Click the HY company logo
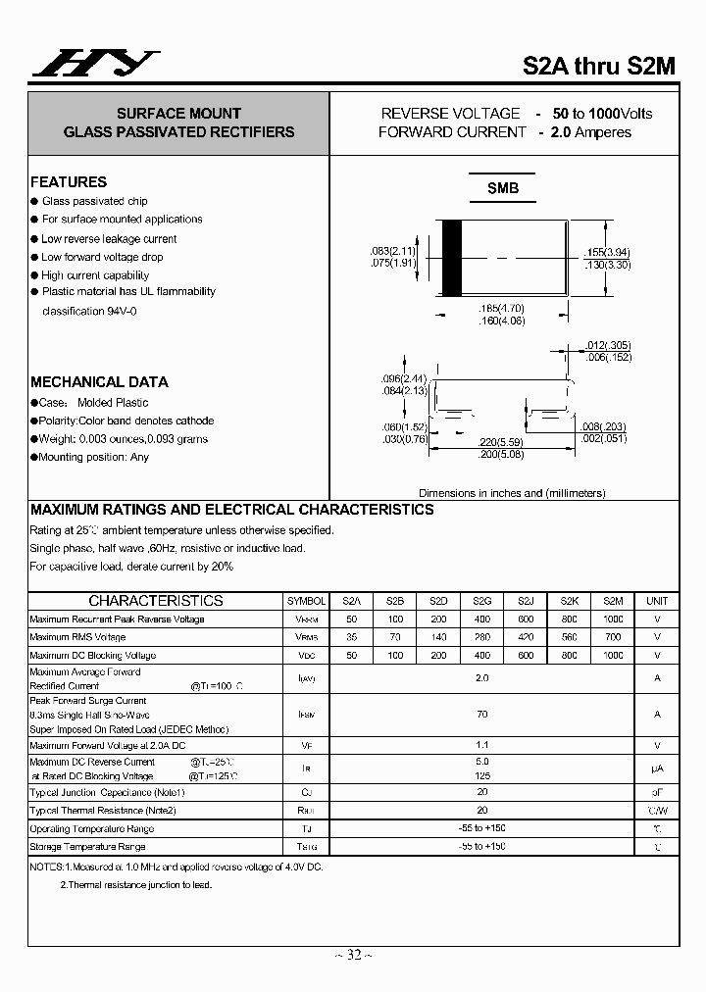[96, 64]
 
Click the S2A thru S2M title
[598, 67]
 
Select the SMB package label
[503, 188]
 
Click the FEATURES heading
[69, 182]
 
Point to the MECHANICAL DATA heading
[99, 382]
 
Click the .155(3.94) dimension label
[607, 252]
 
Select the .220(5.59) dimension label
[500, 442]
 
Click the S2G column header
[481, 601]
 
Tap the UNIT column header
[657, 601]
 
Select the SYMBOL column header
[307, 601]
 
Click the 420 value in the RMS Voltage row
[526, 637]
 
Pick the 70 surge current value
[481, 715]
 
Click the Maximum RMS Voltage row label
[78, 637]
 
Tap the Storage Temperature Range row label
[87, 847]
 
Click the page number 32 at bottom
[353, 955]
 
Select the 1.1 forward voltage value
[481, 745]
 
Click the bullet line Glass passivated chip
[94, 201]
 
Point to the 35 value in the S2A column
[351, 637]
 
